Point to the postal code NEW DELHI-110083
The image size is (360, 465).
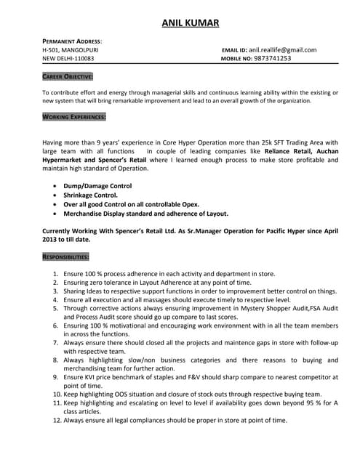[x=68, y=59]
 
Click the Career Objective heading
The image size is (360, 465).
[x=68, y=76]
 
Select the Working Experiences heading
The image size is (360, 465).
[x=74, y=117]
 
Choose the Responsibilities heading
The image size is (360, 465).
[x=66, y=256]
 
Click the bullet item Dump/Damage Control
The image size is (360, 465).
[x=97, y=186]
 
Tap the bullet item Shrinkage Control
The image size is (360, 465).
[x=90, y=195]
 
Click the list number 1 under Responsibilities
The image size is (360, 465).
[x=57, y=273]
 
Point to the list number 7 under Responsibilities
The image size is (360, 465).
[x=57, y=342]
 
